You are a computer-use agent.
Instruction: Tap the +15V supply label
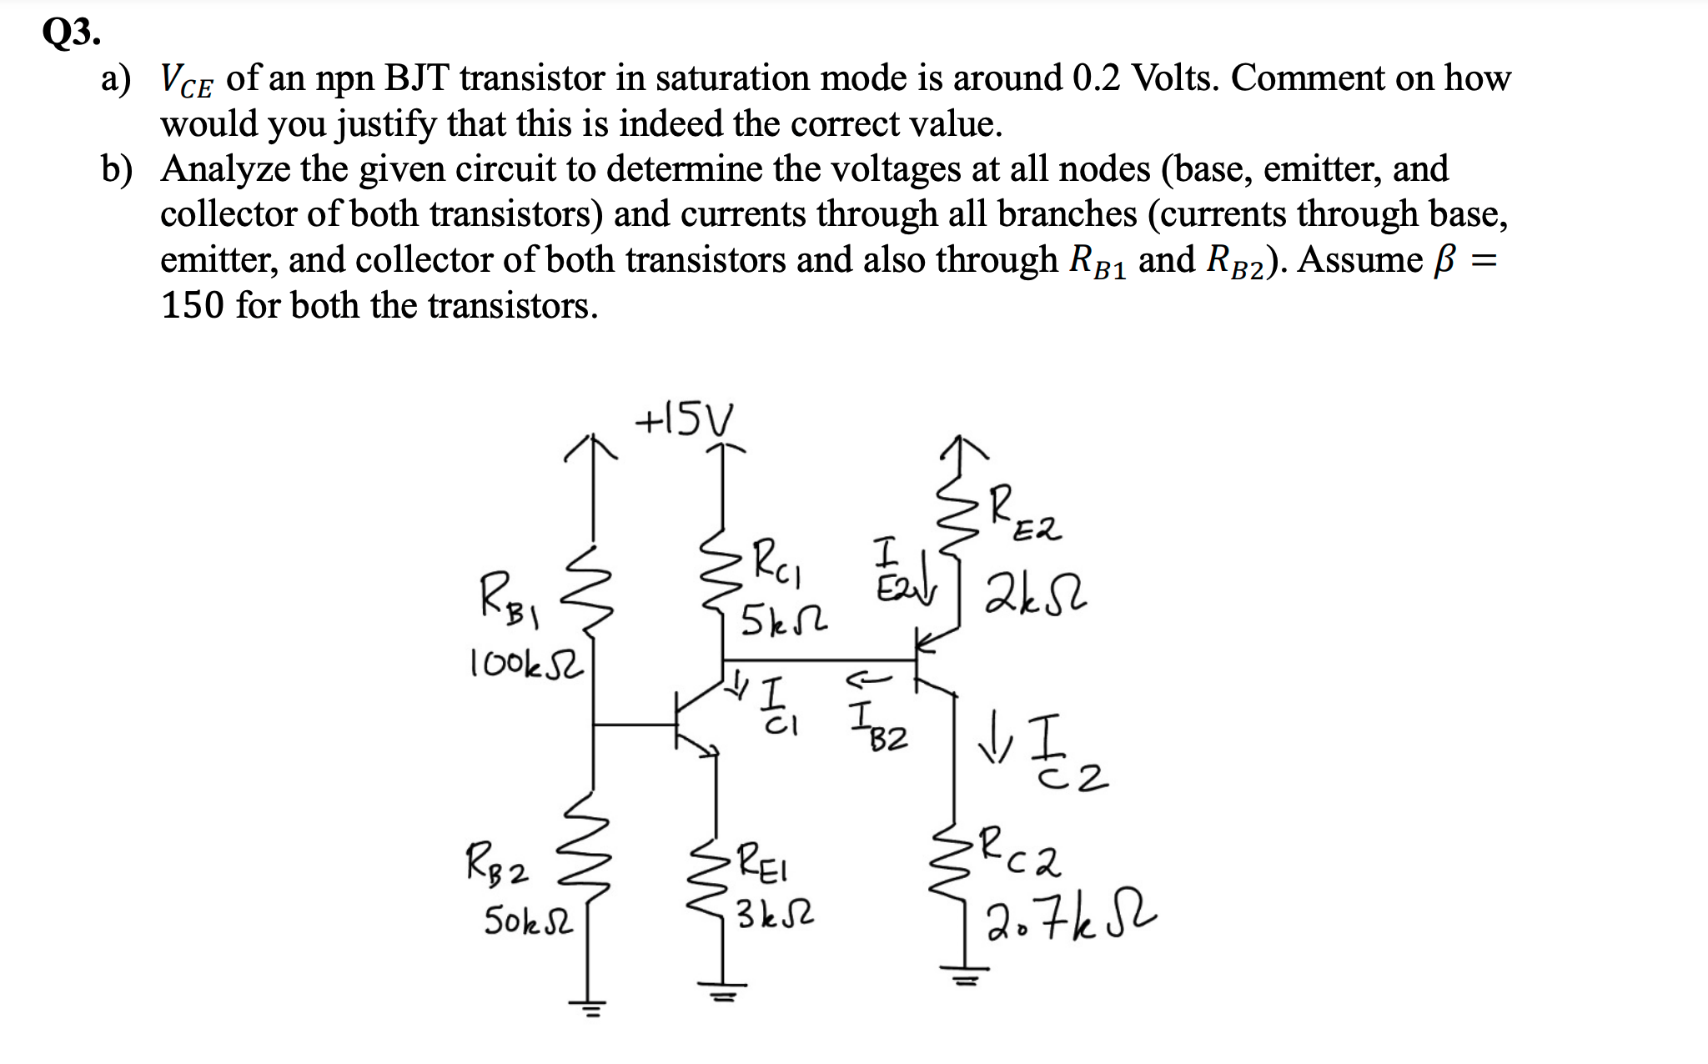pos(684,419)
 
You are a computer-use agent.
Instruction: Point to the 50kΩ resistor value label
pos(529,921)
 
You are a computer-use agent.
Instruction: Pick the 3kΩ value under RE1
pos(775,916)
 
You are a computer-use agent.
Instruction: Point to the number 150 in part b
pos(193,306)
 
